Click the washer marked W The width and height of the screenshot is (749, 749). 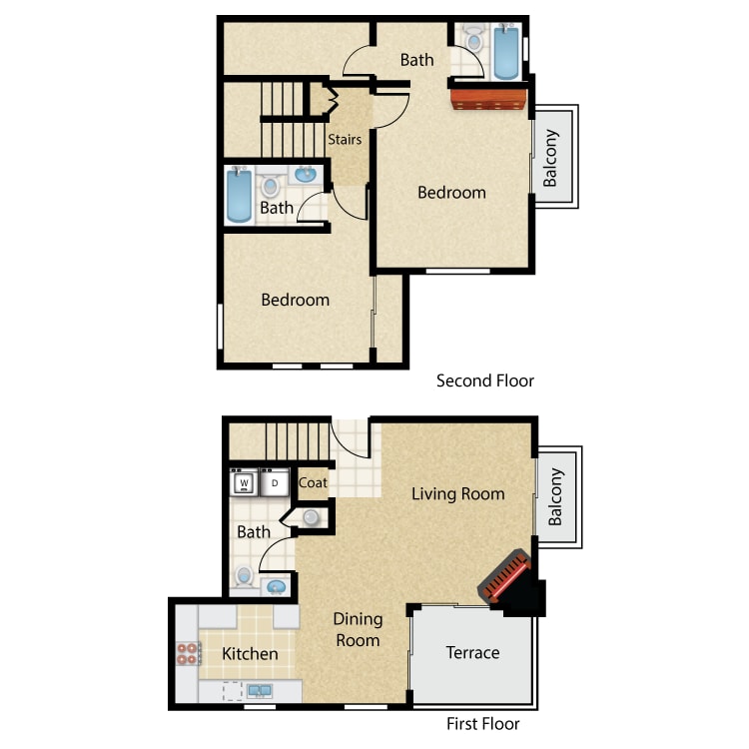pos(244,482)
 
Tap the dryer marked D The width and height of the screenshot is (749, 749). pos(275,482)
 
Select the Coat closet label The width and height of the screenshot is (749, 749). pos(313,482)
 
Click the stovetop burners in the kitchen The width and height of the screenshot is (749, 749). pos(188,653)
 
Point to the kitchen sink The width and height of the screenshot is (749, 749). pos(260,691)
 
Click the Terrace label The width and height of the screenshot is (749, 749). pos(473,652)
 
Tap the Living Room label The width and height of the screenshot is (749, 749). pos(458,493)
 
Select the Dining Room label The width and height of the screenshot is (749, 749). pos(359,629)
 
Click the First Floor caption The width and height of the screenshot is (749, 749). pos(483,724)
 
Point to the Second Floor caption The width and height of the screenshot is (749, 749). pos(485,380)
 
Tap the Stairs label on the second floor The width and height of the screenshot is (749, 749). pos(345,140)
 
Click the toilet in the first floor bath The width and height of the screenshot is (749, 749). pos(244,576)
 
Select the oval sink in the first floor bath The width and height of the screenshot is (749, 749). pos(276,586)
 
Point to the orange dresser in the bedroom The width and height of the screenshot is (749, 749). pos(488,99)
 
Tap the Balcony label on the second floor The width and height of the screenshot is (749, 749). pos(550,158)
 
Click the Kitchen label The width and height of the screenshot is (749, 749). pos(250,653)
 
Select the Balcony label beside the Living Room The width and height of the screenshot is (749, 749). pos(555,496)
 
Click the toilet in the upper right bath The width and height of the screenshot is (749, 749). pos(473,38)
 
